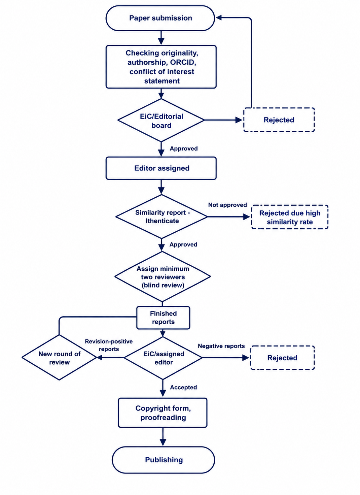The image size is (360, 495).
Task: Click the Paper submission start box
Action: tap(160, 18)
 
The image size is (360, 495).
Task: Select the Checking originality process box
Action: tap(161, 67)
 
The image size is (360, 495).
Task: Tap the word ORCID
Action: tap(183, 62)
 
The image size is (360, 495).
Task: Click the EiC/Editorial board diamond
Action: tap(161, 120)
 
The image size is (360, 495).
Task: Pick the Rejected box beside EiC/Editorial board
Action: tap(279, 120)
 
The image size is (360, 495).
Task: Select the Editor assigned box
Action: tap(161, 168)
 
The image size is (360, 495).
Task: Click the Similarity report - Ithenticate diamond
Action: tap(162, 217)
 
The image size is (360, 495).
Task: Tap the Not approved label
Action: tap(227, 205)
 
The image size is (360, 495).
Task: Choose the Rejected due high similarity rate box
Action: tap(290, 217)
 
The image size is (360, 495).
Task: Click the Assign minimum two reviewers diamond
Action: tap(163, 277)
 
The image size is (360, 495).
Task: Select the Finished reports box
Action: tap(163, 318)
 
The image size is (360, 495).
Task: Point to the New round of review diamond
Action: tap(59, 358)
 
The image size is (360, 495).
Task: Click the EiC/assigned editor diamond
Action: tap(163, 358)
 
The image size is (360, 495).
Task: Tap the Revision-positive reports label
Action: tap(109, 345)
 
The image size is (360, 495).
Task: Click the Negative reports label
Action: tap(221, 346)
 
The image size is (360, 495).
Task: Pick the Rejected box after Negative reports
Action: tap(283, 358)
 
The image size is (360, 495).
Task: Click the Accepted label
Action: tap(183, 387)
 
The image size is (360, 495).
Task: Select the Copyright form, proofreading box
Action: tap(163, 413)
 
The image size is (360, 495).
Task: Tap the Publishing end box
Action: tap(164, 460)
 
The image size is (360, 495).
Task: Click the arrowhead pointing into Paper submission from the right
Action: tap(219, 18)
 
